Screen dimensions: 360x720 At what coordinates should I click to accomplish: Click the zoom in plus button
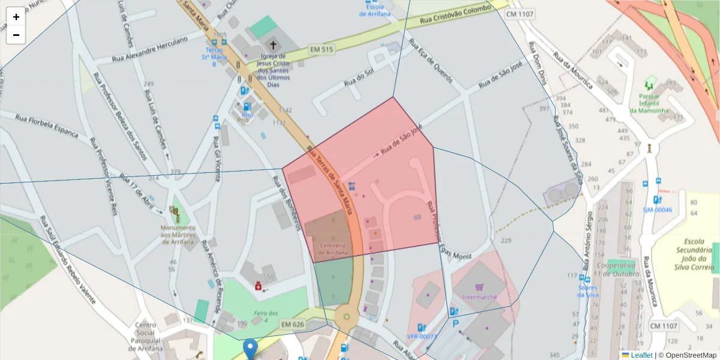pyautogui.click(x=16, y=17)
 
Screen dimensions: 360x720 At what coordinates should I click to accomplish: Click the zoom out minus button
pyautogui.click(x=16, y=35)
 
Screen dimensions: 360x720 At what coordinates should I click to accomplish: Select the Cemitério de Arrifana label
pyautogui.click(x=332, y=249)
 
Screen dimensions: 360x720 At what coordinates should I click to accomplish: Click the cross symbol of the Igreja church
pyautogui.click(x=274, y=44)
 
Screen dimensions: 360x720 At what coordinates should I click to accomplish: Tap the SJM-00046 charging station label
pyautogui.click(x=657, y=210)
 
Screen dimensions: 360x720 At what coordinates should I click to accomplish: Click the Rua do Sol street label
pyautogui.click(x=358, y=78)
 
